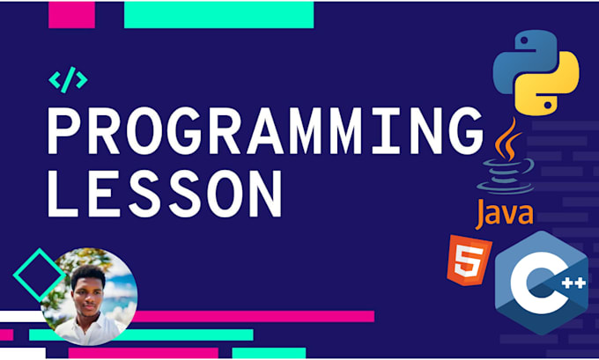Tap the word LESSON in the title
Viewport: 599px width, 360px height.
click(x=165, y=190)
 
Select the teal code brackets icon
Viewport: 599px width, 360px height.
click(x=68, y=81)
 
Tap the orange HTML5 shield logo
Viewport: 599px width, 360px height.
click(x=463, y=260)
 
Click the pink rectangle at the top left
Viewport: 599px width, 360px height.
click(x=70, y=13)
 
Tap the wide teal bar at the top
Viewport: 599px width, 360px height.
click(x=218, y=13)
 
